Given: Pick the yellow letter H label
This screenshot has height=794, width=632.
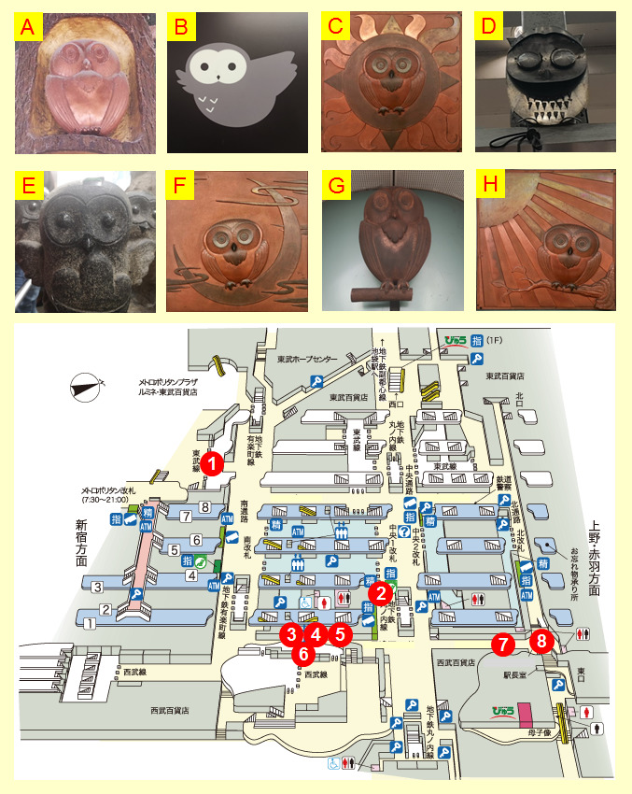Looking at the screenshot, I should (x=488, y=183).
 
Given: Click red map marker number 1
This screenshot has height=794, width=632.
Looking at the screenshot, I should (x=214, y=462).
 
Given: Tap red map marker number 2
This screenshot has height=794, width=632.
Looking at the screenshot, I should (x=379, y=591).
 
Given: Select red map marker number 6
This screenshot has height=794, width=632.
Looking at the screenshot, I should (x=304, y=653).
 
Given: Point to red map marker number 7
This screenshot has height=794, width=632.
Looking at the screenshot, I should (x=504, y=644).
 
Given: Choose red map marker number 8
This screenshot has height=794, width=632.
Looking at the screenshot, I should (x=541, y=642).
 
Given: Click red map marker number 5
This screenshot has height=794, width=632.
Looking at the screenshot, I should (x=340, y=634).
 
